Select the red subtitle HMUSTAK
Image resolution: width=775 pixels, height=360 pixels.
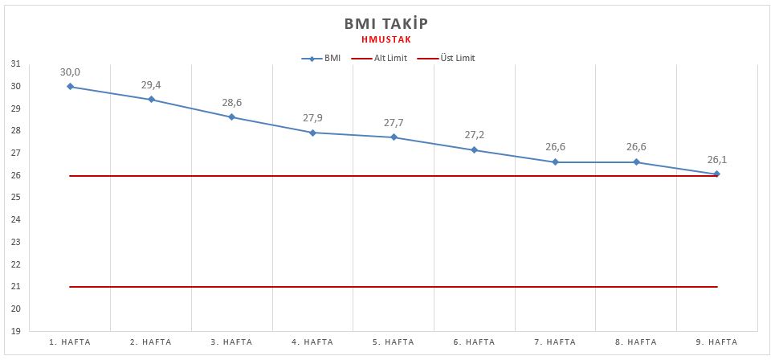tap(387, 38)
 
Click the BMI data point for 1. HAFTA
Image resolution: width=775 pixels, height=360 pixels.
tap(71, 86)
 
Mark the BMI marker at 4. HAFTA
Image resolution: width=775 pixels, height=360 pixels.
tap(313, 133)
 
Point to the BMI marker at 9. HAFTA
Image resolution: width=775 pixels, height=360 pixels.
tap(716, 174)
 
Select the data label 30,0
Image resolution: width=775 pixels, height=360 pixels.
tap(71, 72)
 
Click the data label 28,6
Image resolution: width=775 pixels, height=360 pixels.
tap(232, 103)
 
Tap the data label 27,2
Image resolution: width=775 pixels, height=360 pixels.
tap(475, 135)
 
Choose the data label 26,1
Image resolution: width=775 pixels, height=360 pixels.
tap(716, 159)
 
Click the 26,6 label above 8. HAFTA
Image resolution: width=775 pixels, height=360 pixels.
tap(636, 148)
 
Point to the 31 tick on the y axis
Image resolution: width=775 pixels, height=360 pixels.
tap(16, 64)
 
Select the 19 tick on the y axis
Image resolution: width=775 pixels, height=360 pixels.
tap(16, 331)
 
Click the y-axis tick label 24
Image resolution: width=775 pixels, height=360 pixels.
tap(16, 219)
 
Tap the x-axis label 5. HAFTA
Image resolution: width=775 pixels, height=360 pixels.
tap(394, 342)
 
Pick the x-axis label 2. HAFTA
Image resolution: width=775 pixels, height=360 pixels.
tap(151, 342)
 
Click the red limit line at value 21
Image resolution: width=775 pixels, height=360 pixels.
tap(394, 287)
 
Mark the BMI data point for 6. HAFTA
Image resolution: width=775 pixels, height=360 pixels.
tap(475, 150)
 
